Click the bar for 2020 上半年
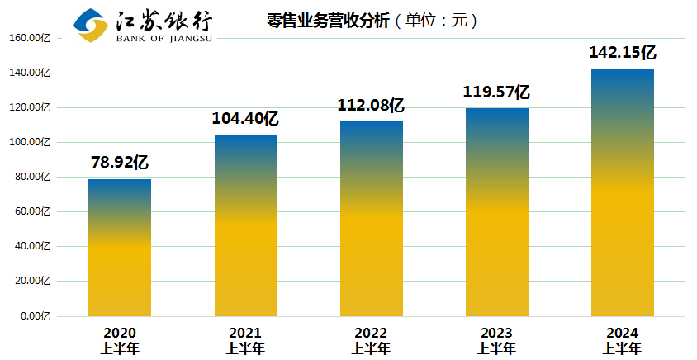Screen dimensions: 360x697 (x=120, y=248)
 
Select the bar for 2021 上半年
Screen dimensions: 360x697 (x=245, y=225)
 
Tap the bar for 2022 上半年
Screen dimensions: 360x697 (x=372, y=219)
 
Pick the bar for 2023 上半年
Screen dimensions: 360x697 (x=497, y=212)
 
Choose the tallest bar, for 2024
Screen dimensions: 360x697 (x=623, y=192)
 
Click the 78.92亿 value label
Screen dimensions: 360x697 (x=119, y=162)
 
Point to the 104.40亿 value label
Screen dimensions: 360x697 (x=245, y=118)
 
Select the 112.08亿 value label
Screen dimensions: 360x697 (x=371, y=105)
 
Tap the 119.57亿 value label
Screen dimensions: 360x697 (x=496, y=92)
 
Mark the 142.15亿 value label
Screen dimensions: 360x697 (x=623, y=52)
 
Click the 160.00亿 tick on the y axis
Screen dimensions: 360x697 (x=30, y=38)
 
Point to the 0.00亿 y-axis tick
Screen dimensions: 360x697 (x=36, y=316)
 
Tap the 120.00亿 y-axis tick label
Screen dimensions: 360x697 (x=30, y=107)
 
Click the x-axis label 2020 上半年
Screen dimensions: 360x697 (x=120, y=340)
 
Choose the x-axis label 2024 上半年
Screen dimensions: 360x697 (x=623, y=340)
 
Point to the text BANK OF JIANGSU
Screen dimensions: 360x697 (x=164, y=37)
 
